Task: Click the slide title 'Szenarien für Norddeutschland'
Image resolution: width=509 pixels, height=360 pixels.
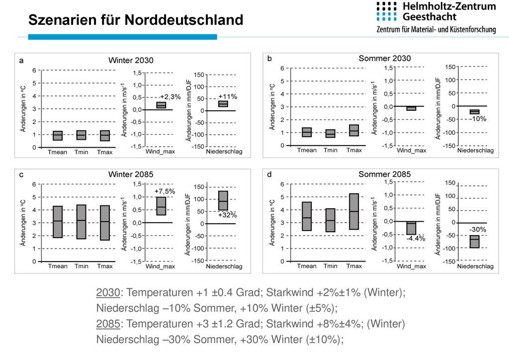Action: coord(136,20)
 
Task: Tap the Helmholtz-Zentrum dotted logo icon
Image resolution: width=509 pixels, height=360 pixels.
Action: coord(387,11)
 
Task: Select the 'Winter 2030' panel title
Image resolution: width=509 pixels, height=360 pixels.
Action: coord(131,60)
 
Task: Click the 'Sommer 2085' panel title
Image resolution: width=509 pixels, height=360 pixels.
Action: coord(385,175)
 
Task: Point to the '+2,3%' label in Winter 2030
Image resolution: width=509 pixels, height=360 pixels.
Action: coord(170,97)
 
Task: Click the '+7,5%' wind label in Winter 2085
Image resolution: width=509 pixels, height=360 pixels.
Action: coord(165,191)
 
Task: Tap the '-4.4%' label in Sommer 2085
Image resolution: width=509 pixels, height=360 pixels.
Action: coord(416,239)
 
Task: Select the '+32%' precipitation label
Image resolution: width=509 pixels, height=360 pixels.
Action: coord(227,215)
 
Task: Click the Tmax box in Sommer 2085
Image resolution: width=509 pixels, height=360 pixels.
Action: coord(354,212)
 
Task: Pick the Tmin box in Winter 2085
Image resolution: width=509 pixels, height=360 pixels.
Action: coord(81,222)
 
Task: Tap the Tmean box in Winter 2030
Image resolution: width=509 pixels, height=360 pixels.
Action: coord(58,135)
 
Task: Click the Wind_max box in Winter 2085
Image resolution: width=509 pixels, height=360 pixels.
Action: coord(161,206)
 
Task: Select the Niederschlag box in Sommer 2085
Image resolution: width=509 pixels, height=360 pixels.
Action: coord(475,242)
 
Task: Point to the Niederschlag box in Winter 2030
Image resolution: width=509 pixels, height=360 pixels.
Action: coord(223,104)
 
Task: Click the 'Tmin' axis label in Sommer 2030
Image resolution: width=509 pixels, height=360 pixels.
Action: coord(331,150)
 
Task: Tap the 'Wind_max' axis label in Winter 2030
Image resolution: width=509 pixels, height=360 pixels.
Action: coord(160,152)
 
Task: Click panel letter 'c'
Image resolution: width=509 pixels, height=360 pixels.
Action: coord(21,175)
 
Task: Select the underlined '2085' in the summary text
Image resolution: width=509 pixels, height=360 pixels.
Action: coord(108,324)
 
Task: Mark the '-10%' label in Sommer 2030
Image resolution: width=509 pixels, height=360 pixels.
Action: coord(478,119)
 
